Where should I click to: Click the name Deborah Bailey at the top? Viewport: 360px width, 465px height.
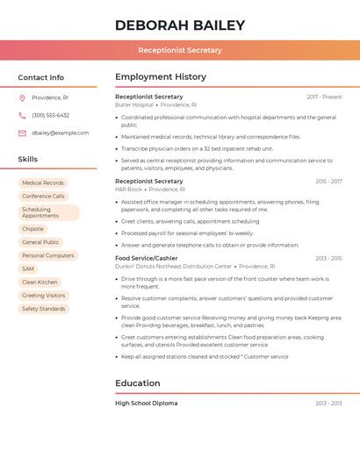[x=179, y=25]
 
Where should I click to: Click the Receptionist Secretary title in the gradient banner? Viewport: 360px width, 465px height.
[x=179, y=50]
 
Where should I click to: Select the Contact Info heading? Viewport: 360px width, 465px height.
[x=40, y=77]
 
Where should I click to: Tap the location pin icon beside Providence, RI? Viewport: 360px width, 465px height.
[x=22, y=97]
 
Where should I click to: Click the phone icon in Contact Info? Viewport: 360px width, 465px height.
[x=22, y=115]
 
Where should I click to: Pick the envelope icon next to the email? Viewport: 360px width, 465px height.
[x=22, y=132]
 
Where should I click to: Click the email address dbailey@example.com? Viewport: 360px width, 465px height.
[x=60, y=132]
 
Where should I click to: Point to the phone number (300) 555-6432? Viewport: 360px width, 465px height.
[x=50, y=115]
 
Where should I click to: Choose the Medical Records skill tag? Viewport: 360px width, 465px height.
[x=43, y=182]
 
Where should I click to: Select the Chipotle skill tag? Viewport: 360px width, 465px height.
[x=32, y=228]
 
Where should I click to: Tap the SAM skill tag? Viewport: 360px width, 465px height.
[x=28, y=268]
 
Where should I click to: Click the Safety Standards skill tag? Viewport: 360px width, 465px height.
[x=44, y=309]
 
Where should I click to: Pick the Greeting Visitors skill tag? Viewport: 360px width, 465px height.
[x=44, y=296]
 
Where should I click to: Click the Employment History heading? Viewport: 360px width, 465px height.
[x=161, y=77]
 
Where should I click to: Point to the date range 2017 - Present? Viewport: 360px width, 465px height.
[x=324, y=97]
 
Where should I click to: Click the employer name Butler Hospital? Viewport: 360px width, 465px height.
[x=133, y=104]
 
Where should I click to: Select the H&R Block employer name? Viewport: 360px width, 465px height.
[x=128, y=189]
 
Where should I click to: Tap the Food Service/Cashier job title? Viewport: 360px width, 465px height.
[x=146, y=258]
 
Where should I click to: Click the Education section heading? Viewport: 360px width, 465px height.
[x=137, y=383]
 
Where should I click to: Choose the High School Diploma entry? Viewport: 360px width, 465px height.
[x=146, y=403]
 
